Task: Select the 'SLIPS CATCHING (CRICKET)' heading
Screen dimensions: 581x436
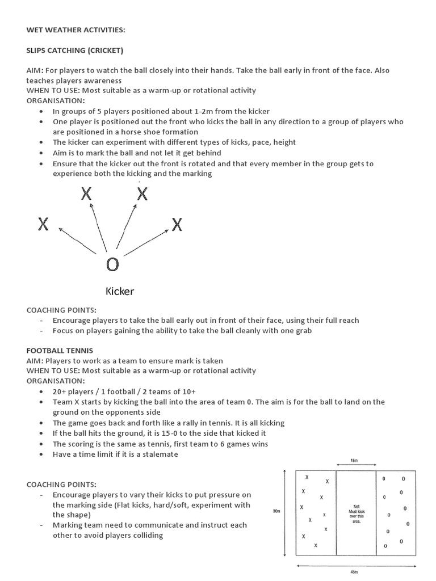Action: (75, 50)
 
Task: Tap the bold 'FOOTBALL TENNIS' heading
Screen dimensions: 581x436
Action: (60, 351)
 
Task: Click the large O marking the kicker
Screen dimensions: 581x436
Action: (112, 264)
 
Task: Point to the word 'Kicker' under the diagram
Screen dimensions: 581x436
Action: (120, 292)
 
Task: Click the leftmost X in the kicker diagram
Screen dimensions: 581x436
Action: (43, 225)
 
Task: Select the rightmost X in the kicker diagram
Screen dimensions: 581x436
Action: (177, 225)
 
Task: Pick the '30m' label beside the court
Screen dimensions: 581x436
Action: (276, 511)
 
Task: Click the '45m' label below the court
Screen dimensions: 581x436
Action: (354, 572)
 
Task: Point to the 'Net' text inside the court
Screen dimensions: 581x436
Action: (357, 506)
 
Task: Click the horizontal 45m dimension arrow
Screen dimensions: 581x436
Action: (354, 565)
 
